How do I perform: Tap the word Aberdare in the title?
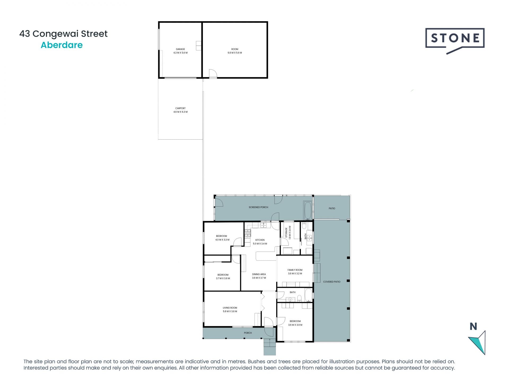(x=62, y=45)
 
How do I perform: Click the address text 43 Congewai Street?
(x=63, y=34)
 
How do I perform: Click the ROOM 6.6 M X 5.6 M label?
(x=235, y=51)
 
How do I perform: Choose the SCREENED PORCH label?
(x=258, y=207)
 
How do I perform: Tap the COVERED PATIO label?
(x=332, y=282)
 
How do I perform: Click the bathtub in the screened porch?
(x=308, y=211)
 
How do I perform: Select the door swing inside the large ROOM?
(x=213, y=73)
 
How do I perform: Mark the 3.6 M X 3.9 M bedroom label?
(x=295, y=323)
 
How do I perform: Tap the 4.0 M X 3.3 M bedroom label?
(x=222, y=238)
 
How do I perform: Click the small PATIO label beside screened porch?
(x=332, y=209)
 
